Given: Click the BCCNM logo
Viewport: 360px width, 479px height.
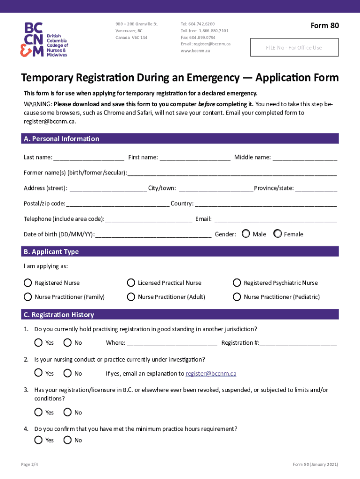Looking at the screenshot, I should pyautogui.click(x=44, y=40).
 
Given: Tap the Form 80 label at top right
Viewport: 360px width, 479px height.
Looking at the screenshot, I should pyautogui.click(x=324, y=26).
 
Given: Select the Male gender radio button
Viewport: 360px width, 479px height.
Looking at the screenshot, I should pyautogui.click(x=246, y=233).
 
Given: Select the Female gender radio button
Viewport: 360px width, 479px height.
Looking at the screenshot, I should pyautogui.click(x=278, y=233).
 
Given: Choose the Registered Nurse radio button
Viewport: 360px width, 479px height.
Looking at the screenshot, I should pyautogui.click(x=28, y=283).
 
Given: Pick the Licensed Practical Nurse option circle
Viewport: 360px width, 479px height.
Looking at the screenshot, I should pyautogui.click(x=131, y=283).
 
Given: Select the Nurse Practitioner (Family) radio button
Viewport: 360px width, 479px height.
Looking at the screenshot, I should pyautogui.click(x=28, y=297).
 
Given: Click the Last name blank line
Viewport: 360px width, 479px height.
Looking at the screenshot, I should pyautogui.click(x=89, y=158).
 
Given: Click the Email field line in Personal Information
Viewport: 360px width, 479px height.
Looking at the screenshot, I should pyautogui.click(x=275, y=219).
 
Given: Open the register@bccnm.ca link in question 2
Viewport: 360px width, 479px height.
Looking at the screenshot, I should pyautogui.click(x=211, y=373).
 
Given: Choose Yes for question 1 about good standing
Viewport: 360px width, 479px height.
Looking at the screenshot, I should pyautogui.click(x=38, y=342).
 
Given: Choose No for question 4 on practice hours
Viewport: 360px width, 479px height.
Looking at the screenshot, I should pyautogui.click(x=67, y=440).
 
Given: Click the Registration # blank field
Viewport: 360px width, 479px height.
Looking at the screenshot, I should pyautogui.click(x=298, y=343).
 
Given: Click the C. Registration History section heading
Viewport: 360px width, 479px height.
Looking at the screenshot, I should pyautogui.click(x=58, y=315).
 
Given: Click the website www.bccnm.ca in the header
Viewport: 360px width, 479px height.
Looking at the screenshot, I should pyautogui.click(x=195, y=51).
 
